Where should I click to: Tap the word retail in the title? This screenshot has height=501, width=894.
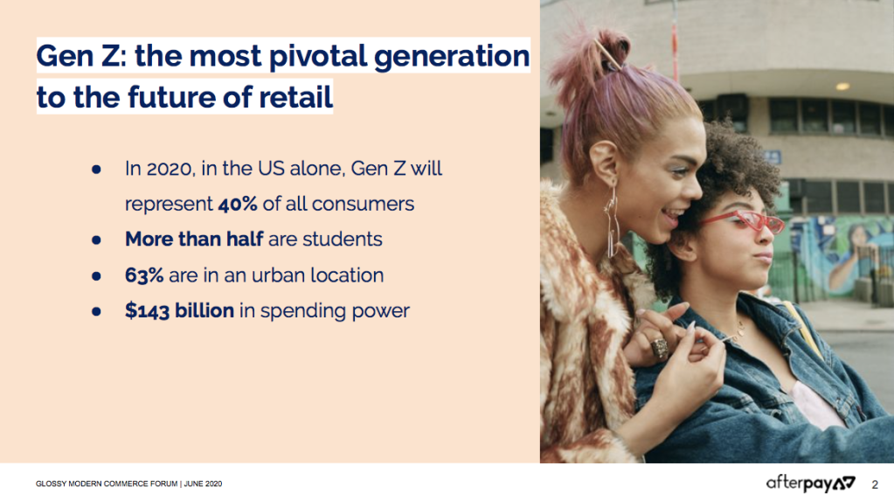295,97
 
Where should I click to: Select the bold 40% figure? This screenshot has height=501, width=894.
237,204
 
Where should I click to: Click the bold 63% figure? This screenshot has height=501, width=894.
144,275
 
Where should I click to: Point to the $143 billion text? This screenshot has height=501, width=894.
180,311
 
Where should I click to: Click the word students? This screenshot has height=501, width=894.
342,239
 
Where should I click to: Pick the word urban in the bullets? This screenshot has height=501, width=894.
278,275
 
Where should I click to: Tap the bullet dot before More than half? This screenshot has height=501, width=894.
96,240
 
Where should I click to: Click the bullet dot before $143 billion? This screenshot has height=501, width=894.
96,311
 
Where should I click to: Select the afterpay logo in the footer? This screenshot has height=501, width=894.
811,484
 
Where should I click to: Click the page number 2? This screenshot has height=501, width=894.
875,485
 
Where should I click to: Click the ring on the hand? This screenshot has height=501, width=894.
659,347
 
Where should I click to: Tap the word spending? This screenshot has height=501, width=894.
302,311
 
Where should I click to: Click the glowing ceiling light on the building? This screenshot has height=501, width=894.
842,87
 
